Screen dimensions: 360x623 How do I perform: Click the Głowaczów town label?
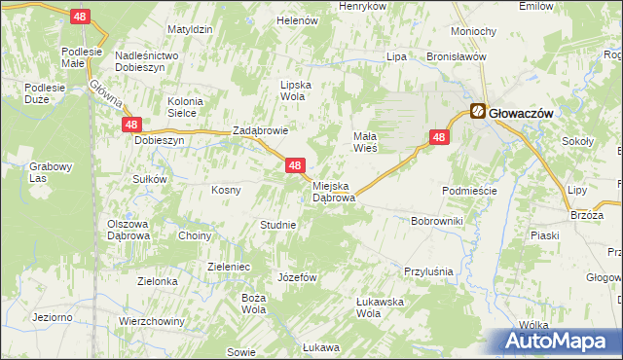point(522,113)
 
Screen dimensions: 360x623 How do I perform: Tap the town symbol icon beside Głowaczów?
point(479,112)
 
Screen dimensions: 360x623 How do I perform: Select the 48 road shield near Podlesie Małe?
point(82,17)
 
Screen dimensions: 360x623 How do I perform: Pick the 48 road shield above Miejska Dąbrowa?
point(296,166)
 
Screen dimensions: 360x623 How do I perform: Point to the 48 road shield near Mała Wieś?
point(439,138)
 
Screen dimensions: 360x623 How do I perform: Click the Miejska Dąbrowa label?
point(334,191)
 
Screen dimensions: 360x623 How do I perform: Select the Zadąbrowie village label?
point(260,130)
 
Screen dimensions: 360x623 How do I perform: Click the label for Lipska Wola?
point(295,90)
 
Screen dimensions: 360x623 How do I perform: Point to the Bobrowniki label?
point(437,222)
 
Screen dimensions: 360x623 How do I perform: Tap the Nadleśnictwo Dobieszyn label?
point(146,62)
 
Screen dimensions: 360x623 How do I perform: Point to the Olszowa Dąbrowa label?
point(128,230)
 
